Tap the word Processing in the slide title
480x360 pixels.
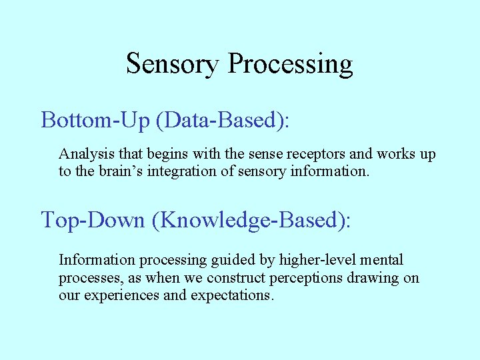coord(290,64)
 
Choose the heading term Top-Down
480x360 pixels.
coord(93,219)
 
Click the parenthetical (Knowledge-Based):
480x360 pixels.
coord(251,219)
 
